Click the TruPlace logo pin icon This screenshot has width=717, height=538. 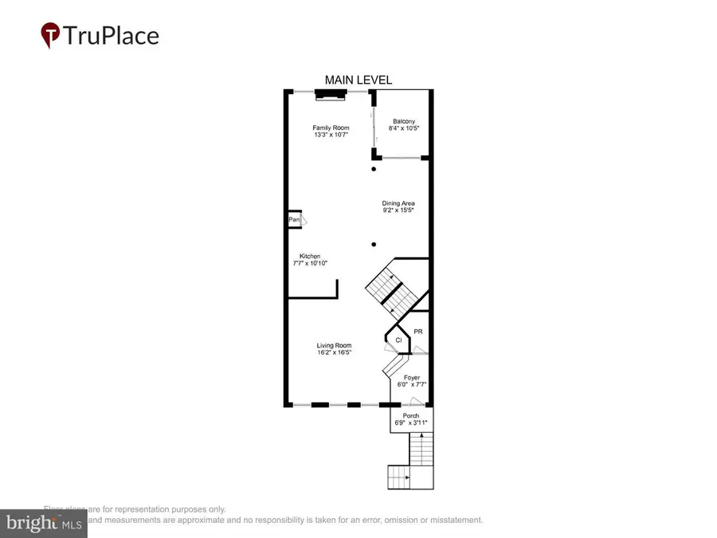51,35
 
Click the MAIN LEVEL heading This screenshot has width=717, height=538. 358,80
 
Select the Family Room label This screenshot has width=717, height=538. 331,128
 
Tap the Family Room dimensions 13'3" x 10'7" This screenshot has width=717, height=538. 331,135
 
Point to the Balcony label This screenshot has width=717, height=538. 404,121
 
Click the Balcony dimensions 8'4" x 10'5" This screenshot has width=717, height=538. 404,128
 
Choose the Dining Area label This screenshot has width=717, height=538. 398,203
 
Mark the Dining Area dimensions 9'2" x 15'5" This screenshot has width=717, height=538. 398,210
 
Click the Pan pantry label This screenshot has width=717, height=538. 294,220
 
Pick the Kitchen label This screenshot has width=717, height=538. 310,256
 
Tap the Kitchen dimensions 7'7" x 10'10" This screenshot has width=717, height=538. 310,263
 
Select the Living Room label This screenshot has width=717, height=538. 334,345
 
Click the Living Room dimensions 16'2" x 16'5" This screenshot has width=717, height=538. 334,352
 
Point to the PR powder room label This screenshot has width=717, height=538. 417,330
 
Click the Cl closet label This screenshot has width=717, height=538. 398,340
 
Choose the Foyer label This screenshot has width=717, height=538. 412,377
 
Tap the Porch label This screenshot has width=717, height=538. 411,415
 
